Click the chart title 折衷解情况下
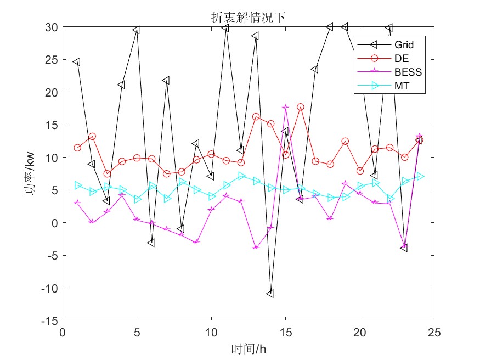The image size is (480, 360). pos(248,18)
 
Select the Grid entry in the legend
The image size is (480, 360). pos(404,44)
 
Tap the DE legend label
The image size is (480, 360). pos(400,58)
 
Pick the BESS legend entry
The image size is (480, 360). pos(408,72)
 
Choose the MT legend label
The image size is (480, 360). pos(401,86)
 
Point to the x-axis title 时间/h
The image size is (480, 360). pos(249,348)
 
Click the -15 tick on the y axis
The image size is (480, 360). pos(51,320)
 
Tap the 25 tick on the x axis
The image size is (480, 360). pos(434,332)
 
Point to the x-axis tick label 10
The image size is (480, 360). pos(211,332)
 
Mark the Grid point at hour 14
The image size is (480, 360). pos(270,294)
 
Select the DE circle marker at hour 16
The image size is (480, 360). pos(300,107)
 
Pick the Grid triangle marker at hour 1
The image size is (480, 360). pos(77,62)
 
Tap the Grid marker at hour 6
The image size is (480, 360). pos(151,243)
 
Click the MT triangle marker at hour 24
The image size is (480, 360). pos(420,176)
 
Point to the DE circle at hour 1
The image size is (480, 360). pos(77,148)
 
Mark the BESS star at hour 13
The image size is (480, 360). pos(255,248)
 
